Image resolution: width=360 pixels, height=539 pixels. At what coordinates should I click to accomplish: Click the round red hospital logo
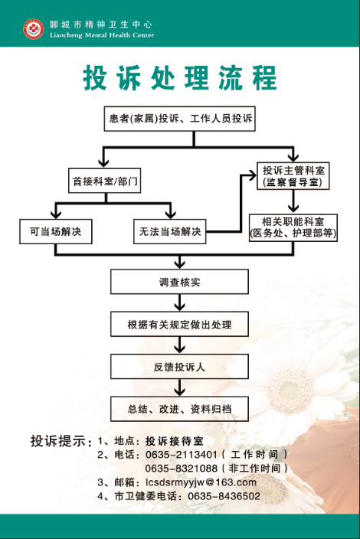coord(34,29)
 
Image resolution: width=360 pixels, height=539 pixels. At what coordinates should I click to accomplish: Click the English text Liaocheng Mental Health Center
coord(102,35)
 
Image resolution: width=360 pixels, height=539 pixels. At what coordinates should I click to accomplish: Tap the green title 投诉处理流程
coord(180,77)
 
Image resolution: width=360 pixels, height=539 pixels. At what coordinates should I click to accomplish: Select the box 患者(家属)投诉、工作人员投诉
coord(180,119)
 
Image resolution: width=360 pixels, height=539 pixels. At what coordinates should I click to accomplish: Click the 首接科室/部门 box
coord(104,181)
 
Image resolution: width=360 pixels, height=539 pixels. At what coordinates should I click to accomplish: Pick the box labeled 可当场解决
coord(56,232)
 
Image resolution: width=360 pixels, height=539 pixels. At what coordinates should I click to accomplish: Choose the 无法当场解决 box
coord(170,232)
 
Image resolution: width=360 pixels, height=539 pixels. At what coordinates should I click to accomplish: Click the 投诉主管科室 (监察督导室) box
coord(293,175)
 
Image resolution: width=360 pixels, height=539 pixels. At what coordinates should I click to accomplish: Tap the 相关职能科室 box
coord(293,228)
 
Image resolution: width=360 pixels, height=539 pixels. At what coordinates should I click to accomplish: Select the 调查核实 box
coord(179,282)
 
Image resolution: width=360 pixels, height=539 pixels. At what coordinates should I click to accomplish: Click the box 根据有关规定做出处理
coord(179,324)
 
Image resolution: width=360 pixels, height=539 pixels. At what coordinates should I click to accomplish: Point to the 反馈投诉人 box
coord(179,367)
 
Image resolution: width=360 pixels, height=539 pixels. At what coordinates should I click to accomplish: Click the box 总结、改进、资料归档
coord(179,409)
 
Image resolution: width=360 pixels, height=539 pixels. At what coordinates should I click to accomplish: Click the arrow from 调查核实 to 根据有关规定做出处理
coord(179,303)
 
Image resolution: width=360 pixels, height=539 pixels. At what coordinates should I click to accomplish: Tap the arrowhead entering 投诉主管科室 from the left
coord(252,175)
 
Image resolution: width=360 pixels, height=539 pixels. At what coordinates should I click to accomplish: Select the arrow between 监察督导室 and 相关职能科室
coord(293,202)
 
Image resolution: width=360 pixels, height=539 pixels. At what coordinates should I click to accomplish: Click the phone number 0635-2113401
coord(182,455)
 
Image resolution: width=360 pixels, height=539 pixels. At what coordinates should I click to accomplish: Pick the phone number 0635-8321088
coord(182,469)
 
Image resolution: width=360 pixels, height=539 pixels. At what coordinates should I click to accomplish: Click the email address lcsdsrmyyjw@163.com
coord(201,482)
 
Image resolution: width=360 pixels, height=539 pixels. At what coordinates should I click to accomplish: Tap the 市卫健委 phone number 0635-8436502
coord(224,496)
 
